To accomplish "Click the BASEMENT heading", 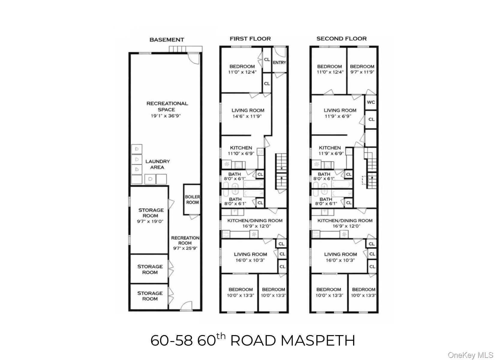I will click(x=166, y=40).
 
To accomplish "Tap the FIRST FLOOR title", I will click(x=250, y=39).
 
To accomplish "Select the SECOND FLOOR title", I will click(x=341, y=39).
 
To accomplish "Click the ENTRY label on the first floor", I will click(x=279, y=62).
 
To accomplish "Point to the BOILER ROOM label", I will click(x=192, y=199).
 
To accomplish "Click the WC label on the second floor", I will click(x=371, y=102).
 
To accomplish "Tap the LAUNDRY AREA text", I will click(x=157, y=164).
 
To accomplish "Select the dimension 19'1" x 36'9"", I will click(x=167, y=116).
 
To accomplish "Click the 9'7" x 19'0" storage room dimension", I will click(x=150, y=221).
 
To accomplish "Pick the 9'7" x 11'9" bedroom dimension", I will click(x=362, y=72).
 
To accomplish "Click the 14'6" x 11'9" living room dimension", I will click(x=248, y=116).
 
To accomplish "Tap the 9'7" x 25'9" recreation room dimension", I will click(x=185, y=248).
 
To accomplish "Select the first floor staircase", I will click(x=281, y=171).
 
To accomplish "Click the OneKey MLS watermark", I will click(x=470, y=355).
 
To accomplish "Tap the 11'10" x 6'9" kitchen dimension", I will click(x=241, y=154).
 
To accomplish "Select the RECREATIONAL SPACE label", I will click(x=167, y=106).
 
